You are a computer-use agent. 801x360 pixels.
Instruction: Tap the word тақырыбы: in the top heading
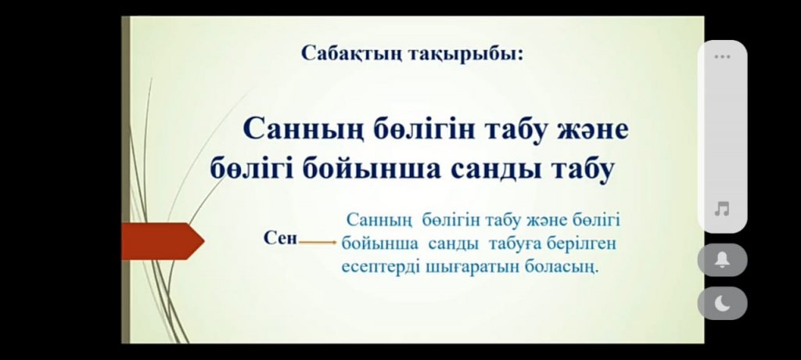click(466, 54)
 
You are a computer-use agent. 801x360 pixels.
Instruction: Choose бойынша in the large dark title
click(371, 169)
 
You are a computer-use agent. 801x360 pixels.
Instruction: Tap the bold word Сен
click(281, 238)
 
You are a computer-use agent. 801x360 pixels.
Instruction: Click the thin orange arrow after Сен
click(318, 242)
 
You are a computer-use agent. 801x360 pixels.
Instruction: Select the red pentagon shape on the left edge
click(163, 241)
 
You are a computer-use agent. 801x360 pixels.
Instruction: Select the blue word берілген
click(581, 244)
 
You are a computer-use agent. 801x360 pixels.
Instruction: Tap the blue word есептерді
click(381, 267)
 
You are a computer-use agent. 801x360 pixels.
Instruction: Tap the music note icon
click(722, 209)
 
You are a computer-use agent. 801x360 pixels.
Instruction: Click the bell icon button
click(722, 261)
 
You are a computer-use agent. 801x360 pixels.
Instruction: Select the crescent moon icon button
click(722, 303)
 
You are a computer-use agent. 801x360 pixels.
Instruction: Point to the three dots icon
click(722, 56)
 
